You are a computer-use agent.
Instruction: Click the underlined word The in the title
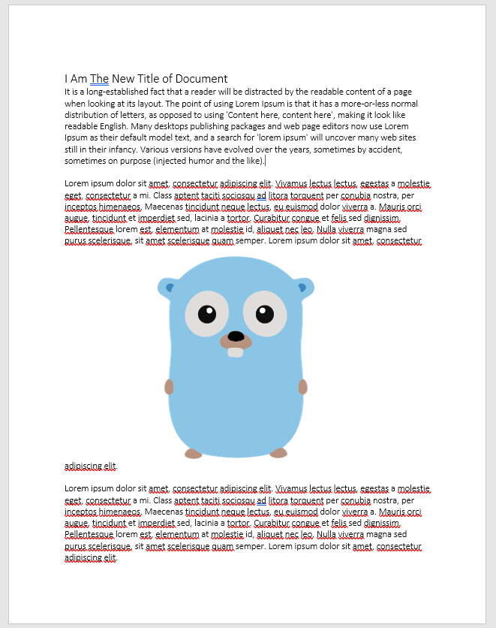tap(100, 79)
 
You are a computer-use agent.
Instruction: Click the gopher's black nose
tap(236, 336)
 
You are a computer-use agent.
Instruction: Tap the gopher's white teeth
tap(236, 352)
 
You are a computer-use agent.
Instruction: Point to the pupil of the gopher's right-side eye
tap(264, 313)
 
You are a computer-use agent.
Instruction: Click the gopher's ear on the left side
tap(167, 286)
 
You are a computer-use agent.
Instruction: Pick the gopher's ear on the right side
tap(303, 286)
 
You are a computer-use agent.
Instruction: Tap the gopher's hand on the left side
tap(169, 387)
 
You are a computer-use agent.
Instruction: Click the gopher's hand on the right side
tap(302, 387)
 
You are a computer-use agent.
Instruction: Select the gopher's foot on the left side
tap(194, 454)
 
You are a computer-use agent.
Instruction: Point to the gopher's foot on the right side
tap(278, 453)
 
